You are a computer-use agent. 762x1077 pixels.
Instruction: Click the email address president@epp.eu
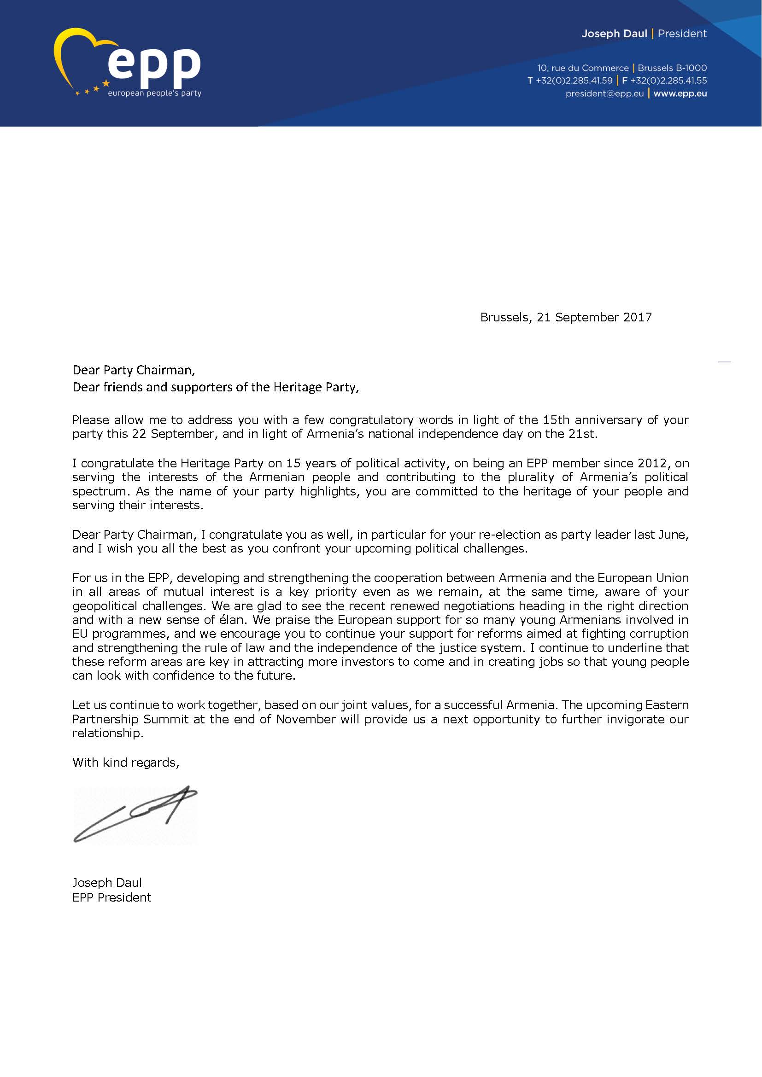(604, 93)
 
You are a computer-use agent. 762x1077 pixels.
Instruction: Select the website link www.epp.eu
(680, 93)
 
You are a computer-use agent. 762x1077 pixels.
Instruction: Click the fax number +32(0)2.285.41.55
(668, 81)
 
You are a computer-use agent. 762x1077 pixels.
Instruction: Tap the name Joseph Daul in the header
(614, 34)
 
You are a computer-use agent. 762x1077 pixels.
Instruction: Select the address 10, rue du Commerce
(583, 68)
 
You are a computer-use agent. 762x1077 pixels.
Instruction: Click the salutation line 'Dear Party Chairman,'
(134, 370)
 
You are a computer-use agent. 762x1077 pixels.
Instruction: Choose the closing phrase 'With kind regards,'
(126, 762)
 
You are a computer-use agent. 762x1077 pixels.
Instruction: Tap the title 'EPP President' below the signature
(111, 897)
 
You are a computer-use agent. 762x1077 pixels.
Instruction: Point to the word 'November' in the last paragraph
(305, 719)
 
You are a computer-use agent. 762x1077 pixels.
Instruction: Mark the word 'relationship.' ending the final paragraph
(108, 733)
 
